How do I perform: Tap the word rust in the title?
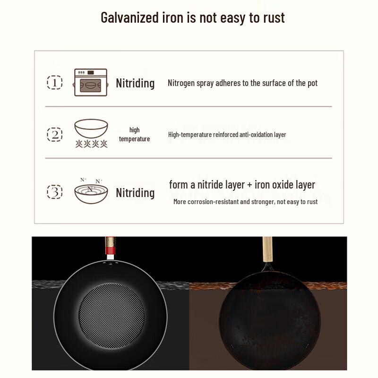274,17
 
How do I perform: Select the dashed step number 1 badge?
55,83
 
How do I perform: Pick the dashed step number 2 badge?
55,134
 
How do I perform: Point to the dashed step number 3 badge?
55,192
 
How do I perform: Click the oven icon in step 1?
91,83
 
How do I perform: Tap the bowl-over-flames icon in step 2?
91,133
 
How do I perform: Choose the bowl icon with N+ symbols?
91,190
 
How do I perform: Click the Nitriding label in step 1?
135,83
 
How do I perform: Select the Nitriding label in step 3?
135,193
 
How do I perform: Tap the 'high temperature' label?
134,134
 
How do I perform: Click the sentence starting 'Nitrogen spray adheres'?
242,83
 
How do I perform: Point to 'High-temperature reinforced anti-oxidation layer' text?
227,135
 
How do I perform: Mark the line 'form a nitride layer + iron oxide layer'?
242,185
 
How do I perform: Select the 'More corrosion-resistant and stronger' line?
245,202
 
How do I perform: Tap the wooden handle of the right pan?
268,249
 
